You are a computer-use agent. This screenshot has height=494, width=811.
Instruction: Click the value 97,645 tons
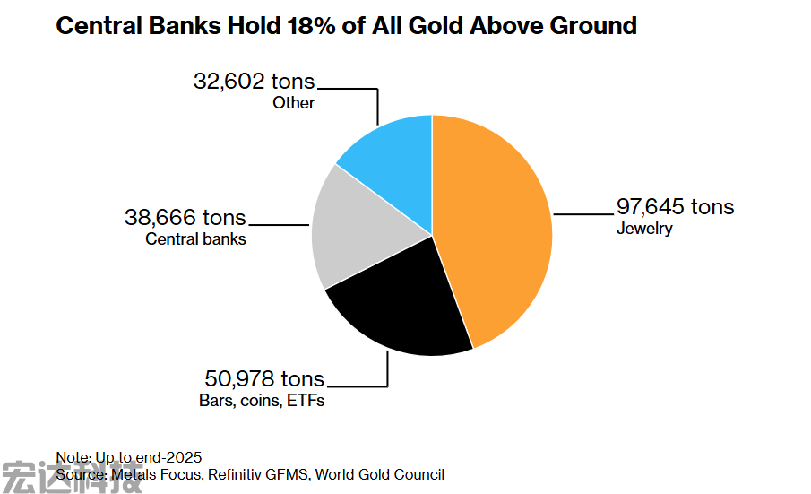click(675, 207)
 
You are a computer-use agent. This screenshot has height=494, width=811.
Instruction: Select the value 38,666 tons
click(185, 218)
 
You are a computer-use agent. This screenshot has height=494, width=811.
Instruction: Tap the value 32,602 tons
click(255, 82)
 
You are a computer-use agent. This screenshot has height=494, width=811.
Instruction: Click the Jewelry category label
click(643, 229)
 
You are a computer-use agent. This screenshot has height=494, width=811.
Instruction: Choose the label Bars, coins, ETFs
click(262, 401)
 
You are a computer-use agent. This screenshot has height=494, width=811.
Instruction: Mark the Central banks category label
click(195, 239)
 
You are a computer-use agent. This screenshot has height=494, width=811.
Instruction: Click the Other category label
click(294, 103)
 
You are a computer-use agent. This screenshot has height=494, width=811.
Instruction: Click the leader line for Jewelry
click(582, 214)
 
